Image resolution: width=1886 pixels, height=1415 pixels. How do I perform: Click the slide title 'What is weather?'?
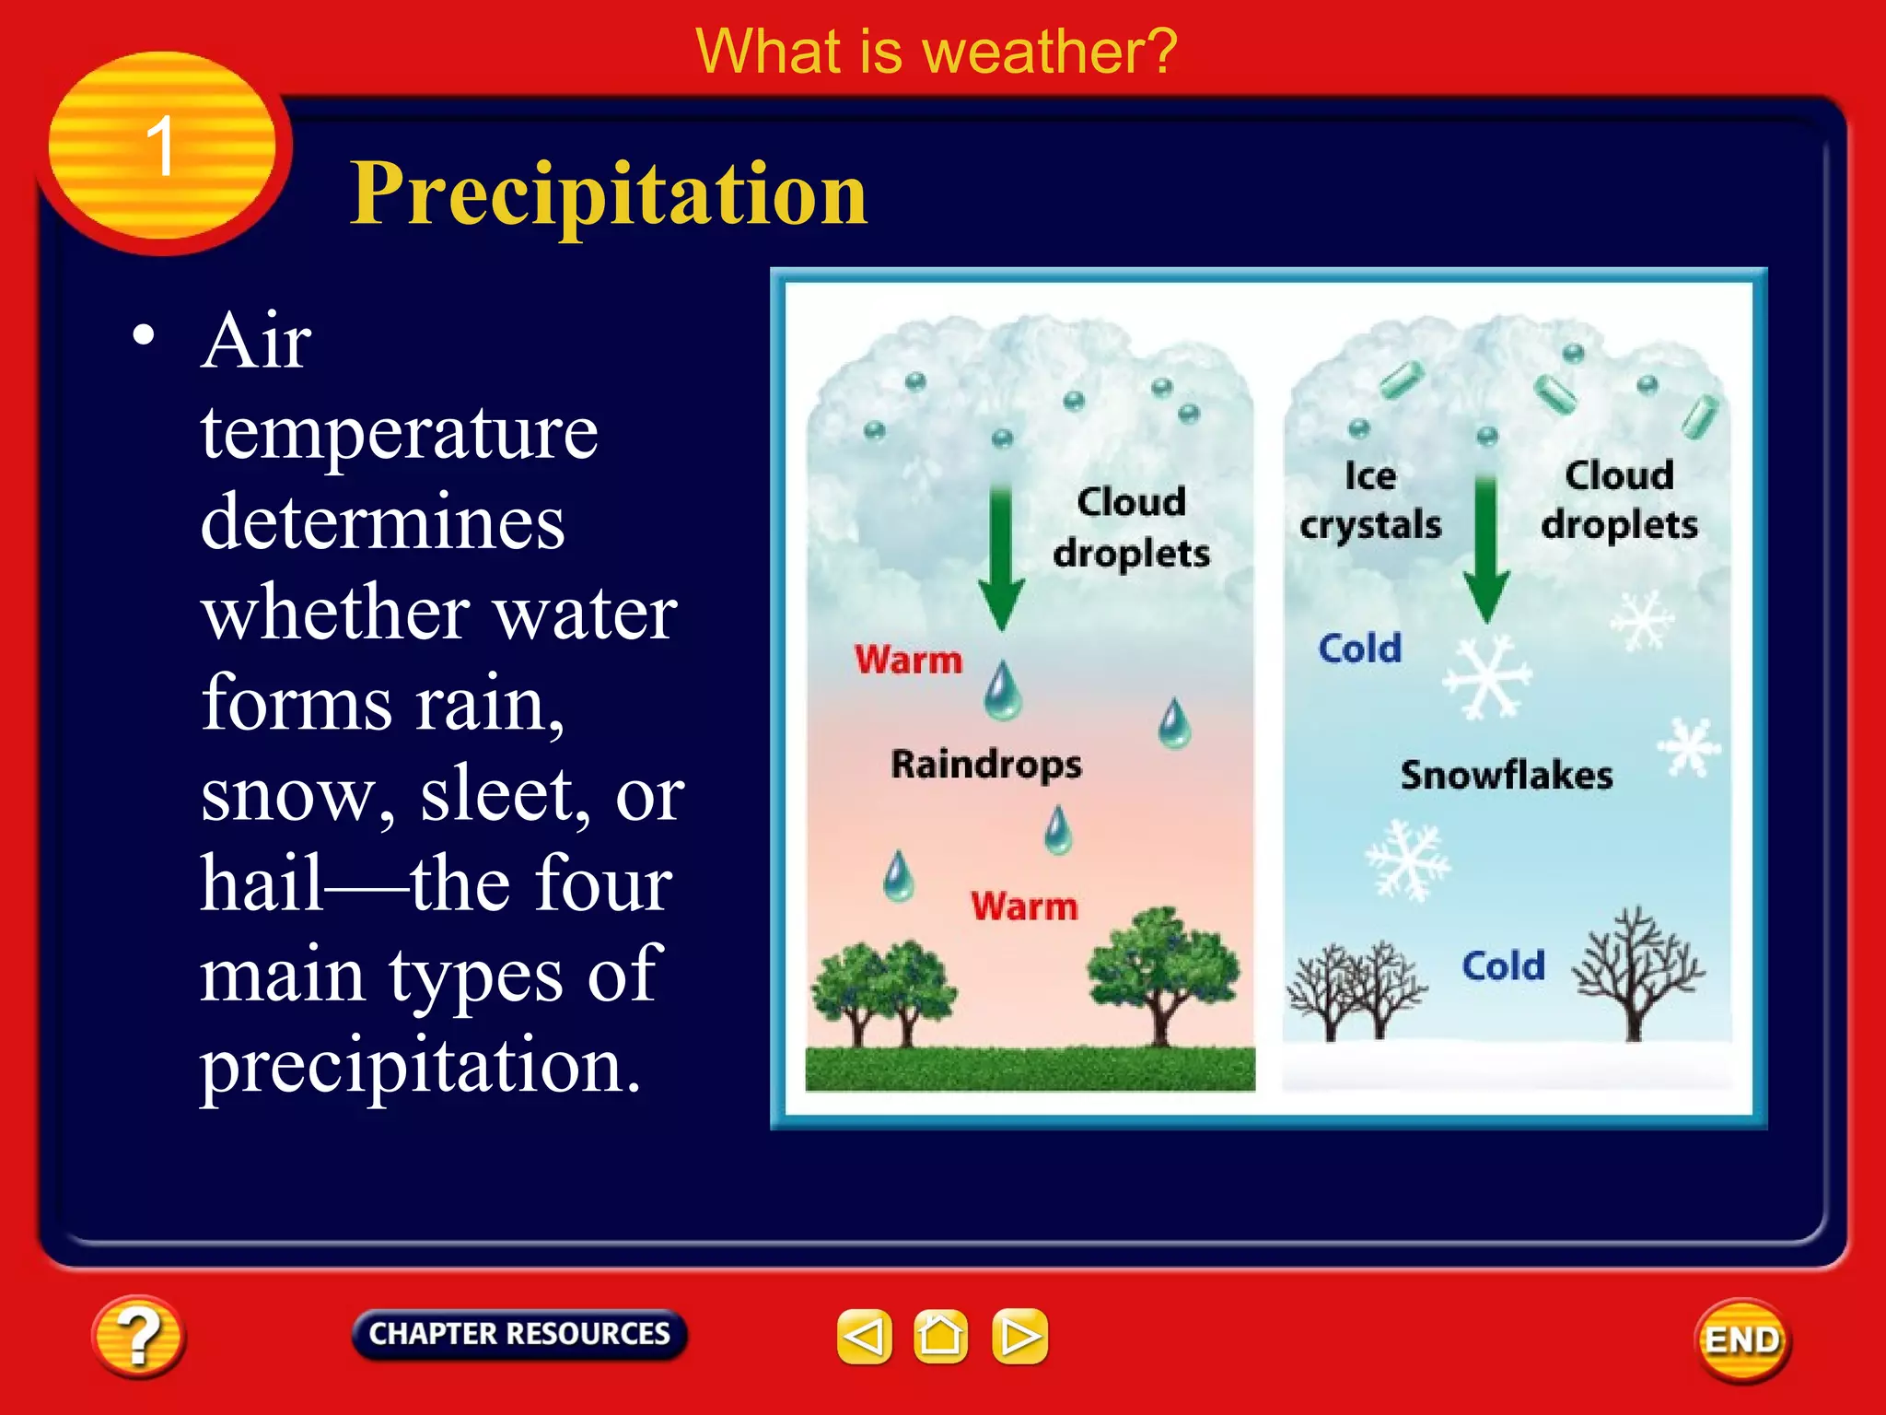tap(936, 52)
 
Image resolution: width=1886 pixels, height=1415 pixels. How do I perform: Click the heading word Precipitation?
tap(608, 193)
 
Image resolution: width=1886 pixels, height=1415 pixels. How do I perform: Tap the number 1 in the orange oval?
tap(160, 146)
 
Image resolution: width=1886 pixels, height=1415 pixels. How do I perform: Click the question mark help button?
tap(138, 1337)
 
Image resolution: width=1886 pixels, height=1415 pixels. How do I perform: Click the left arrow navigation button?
tap(864, 1336)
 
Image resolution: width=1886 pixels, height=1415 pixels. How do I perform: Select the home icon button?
tap(940, 1336)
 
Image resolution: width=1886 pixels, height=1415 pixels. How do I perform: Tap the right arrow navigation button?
tap(1019, 1336)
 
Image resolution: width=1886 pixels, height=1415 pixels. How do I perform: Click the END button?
tap(1741, 1339)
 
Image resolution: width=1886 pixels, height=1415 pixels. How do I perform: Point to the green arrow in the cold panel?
tap(1485, 551)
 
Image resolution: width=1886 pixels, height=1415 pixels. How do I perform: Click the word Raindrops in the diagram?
tap(986, 765)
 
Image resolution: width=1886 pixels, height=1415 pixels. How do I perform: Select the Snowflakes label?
tap(1507, 775)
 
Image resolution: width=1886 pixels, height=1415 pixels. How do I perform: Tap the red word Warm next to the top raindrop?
tap(908, 660)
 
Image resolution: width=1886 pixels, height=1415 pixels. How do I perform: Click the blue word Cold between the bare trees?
tap(1503, 965)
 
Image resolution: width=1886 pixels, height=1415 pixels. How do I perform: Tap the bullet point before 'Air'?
tap(143, 334)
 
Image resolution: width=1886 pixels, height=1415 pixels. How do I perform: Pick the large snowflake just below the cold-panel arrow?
tap(1485, 677)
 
